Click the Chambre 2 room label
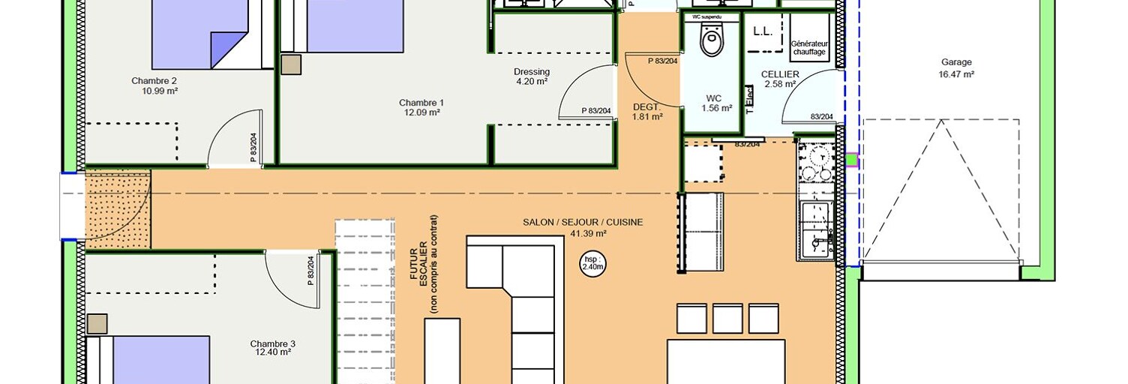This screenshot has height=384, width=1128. [154, 81]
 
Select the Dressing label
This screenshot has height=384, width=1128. [532, 72]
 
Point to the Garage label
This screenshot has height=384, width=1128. [955, 62]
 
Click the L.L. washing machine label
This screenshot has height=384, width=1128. [763, 31]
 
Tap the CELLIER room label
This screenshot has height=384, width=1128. [780, 74]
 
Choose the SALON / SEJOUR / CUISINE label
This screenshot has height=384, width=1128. [583, 222]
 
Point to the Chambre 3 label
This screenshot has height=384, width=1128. [272, 343]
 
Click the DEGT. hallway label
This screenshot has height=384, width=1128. [646, 106]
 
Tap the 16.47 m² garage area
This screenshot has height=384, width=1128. [955, 74]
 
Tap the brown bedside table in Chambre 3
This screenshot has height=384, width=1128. [97, 323]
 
